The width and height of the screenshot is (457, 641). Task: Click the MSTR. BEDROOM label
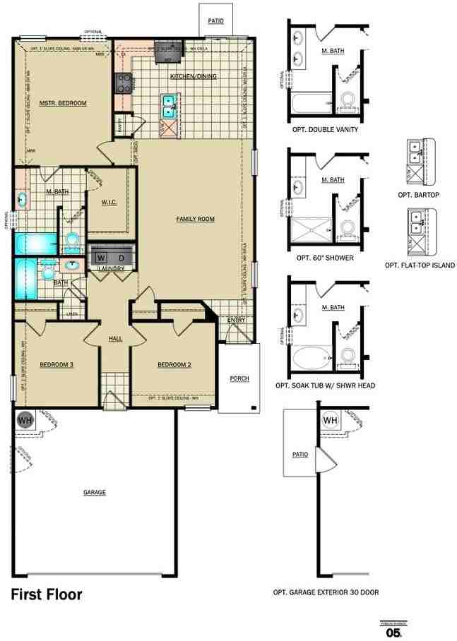point(63,103)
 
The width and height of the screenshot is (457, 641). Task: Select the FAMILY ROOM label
point(195,219)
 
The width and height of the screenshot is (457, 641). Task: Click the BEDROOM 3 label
point(57,364)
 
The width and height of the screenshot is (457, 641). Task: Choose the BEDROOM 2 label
point(174,364)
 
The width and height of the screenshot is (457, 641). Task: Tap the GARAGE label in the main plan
point(94,492)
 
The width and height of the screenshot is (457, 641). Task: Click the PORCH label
point(239,378)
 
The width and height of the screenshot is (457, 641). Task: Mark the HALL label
point(115,339)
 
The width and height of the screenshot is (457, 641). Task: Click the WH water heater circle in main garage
point(25,420)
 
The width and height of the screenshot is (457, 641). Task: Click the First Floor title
point(46,594)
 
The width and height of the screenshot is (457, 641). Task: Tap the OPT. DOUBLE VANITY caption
point(325,130)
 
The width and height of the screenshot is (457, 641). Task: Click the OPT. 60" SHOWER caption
point(325,258)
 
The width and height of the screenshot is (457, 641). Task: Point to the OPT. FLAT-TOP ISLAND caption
point(420,265)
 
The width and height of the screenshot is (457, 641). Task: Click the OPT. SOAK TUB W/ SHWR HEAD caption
point(325,385)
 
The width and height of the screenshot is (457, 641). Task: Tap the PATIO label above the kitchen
point(215,21)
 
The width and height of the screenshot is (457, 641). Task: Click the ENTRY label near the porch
point(236,320)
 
